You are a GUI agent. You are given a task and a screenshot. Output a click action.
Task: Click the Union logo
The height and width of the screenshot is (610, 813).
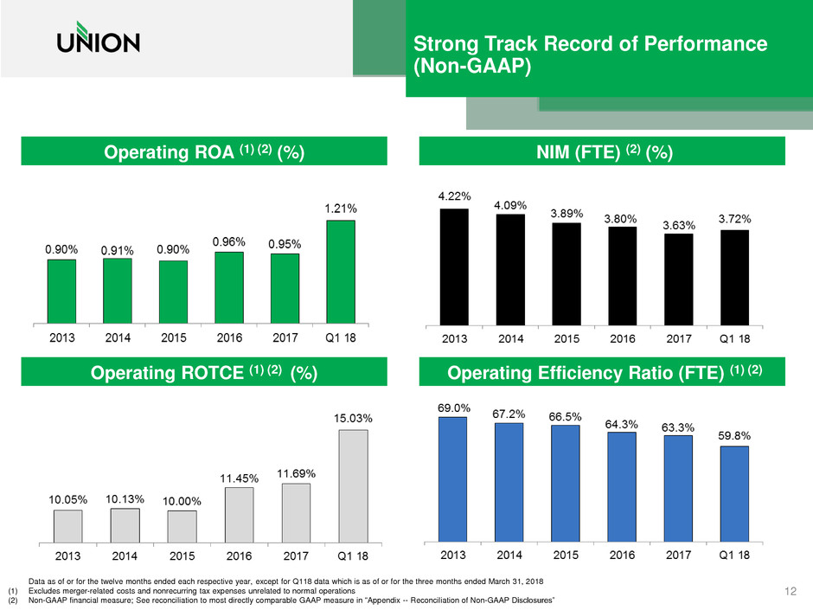tap(97, 42)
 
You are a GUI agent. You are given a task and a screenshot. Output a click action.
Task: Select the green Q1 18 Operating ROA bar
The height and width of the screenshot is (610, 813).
tap(340, 270)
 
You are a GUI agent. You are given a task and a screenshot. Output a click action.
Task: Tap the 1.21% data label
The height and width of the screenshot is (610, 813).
tap(340, 209)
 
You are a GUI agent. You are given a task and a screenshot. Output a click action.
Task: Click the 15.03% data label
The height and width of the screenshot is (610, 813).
tap(354, 419)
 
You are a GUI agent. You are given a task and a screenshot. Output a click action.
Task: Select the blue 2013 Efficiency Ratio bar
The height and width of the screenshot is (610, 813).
tap(453, 478)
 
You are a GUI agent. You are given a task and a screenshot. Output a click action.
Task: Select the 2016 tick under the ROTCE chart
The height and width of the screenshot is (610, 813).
tap(239, 555)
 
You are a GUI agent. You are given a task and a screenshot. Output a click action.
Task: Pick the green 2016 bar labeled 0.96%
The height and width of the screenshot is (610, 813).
tap(228, 286)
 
